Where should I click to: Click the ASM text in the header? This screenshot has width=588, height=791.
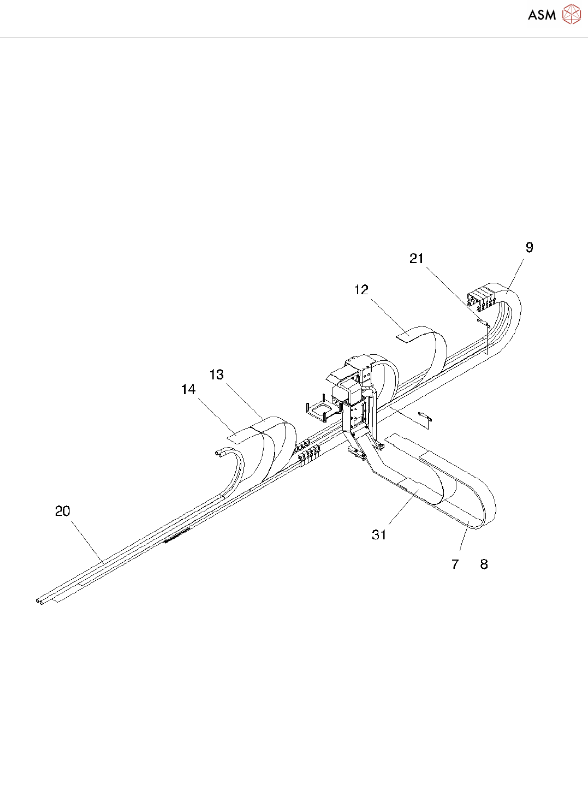pyautogui.click(x=542, y=15)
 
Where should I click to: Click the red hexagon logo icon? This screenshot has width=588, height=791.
pyautogui.click(x=571, y=15)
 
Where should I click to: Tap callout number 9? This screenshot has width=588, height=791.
pyautogui.click(x=529, y=248)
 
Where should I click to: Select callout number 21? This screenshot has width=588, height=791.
pyautogui.click(x=417, y=259)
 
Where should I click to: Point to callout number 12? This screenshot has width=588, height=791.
pyautogui.click(x=361, y=290)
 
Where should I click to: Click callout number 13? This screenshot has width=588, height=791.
pyautogui.click(x=217, y=375)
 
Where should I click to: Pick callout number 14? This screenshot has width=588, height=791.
pyautogui.click(x=188, y=390)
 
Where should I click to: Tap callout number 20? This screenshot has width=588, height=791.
pyautogui.click(x=63, y=512)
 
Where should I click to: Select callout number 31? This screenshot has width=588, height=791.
pyautogui.click(x=379, y=536)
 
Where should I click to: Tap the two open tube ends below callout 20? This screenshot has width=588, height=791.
pyautogui.click(x=40, y=601)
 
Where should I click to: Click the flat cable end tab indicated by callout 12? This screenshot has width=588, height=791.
pyautogui.click(x=407, y=334)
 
